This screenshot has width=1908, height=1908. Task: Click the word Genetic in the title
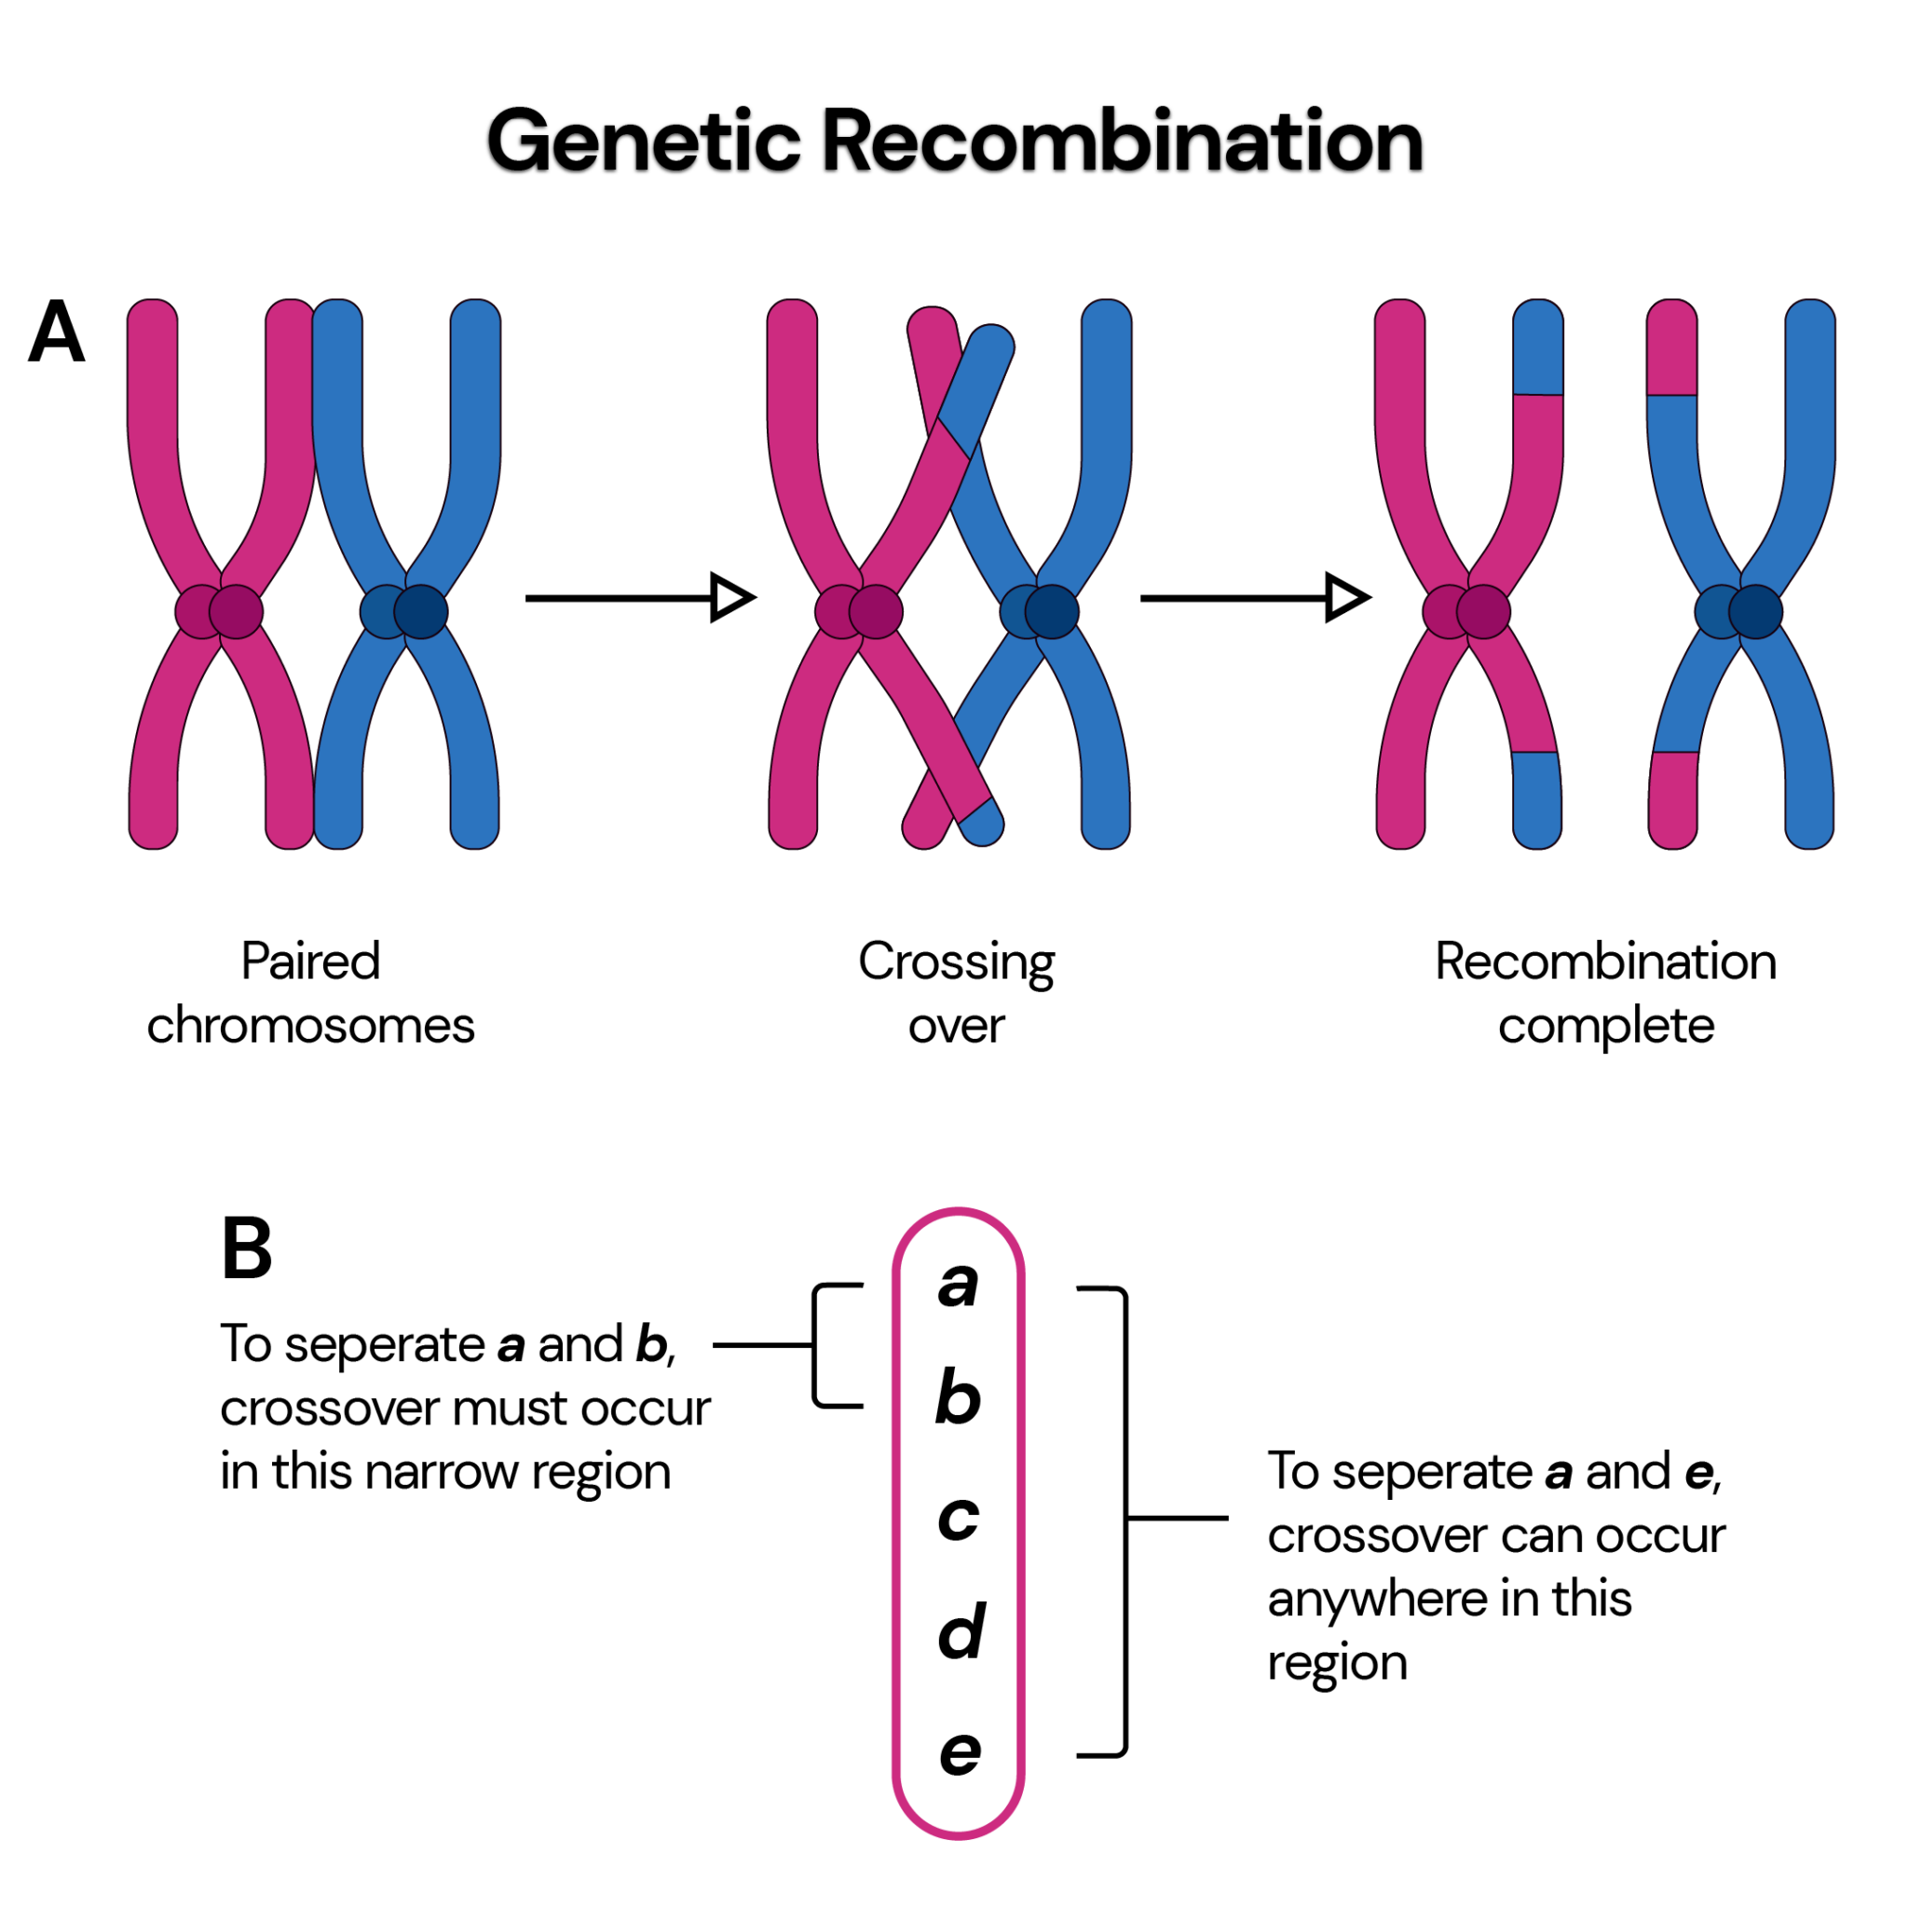point(642,142)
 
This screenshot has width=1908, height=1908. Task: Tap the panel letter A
point(56,332)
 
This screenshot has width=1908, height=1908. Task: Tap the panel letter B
point(246,1248)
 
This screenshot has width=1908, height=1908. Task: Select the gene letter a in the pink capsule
point(957,1285)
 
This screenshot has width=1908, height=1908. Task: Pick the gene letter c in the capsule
point(957,1517)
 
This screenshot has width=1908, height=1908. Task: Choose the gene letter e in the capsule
point(959,1752)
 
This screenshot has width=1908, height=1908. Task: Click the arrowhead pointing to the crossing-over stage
point(731,597)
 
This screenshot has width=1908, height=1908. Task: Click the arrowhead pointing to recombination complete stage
point(1346,597)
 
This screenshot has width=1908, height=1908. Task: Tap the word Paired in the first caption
point(310,961)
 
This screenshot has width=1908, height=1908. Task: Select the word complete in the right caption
point(1605,1026)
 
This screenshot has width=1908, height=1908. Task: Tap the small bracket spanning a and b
point(816,1345)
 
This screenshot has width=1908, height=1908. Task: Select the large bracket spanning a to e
point(1124,1518)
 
